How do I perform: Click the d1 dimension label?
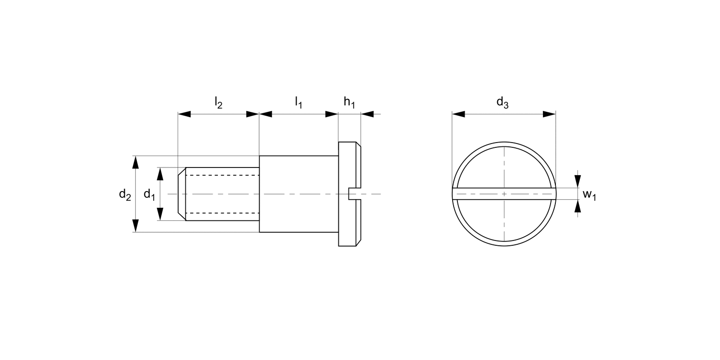(149, 194)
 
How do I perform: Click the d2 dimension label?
(125, 194)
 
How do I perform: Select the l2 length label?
(218, 102)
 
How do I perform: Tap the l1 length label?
(299, 102)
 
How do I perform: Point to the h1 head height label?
(349, 102)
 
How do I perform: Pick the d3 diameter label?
(502, 102)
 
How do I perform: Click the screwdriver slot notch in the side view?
(353, 194)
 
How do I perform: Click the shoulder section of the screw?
(299, 194)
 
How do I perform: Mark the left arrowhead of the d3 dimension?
(458, 114)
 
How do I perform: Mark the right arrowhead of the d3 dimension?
(549, 114)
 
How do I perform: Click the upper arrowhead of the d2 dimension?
(136, 162)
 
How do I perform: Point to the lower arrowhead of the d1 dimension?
(161, 214)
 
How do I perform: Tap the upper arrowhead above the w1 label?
(578, 181)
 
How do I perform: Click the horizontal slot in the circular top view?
(480, 194)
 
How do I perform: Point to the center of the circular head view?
(504, 194)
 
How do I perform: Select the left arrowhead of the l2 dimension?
(184, 114)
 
